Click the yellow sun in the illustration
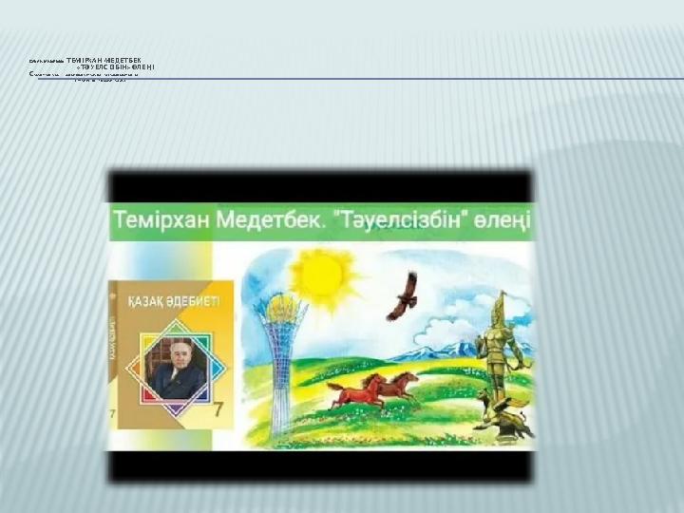323,275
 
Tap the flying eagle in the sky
403,296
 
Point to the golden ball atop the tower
281,306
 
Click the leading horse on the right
399,384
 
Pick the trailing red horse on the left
355,390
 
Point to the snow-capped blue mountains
432,349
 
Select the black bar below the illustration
320,466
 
